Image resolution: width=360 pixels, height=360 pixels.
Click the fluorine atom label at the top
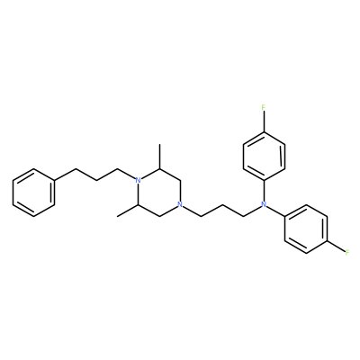[264, 107]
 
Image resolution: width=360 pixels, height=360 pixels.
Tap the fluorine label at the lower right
[347, 253]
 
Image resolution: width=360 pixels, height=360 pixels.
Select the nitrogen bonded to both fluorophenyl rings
[264, 205]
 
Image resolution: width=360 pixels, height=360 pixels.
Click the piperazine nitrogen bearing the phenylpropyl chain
[138, 180]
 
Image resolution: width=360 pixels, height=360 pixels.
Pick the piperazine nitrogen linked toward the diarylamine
[180, 205]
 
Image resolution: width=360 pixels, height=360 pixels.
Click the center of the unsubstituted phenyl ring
[33, 193]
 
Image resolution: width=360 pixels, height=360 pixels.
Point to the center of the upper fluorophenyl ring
[264, 156]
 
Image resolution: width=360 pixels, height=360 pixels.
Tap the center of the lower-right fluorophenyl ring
[306, 229]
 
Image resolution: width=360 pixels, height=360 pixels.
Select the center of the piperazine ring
[159, 193]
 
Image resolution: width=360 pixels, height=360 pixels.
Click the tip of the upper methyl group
[159, 144]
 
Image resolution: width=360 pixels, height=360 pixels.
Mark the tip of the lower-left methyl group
[118, 216]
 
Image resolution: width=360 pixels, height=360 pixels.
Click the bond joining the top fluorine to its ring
[264, 121]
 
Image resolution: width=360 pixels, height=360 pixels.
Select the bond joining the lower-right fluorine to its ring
[336, 247]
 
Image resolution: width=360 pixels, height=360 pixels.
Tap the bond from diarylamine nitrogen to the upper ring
[264, 191]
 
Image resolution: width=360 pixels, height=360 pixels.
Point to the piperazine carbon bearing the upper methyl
[159, 168]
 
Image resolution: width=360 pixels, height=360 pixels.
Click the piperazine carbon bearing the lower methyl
[138, 204]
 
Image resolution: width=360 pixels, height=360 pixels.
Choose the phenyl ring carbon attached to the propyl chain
[55, 180]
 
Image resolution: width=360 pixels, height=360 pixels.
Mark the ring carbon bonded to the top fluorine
[264, 131]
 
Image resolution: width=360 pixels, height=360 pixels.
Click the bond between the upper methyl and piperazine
[159, 157]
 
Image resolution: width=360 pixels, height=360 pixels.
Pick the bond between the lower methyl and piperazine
[128, 211]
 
